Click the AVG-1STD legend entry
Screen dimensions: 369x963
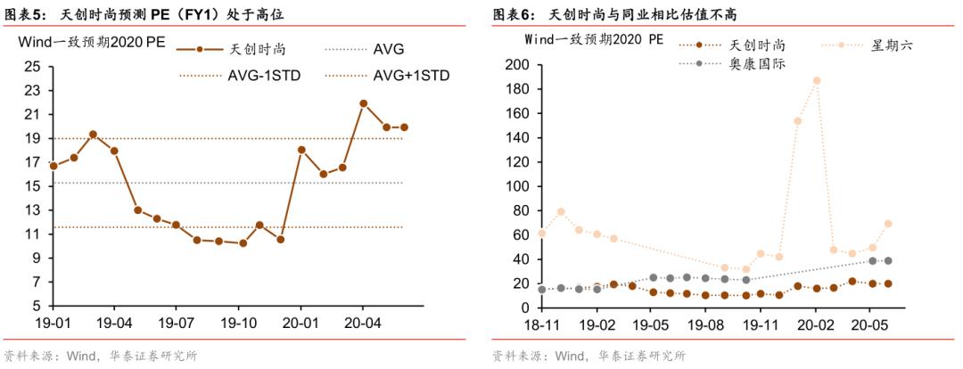pos(264,75)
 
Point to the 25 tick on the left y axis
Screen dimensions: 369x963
pos(33,66)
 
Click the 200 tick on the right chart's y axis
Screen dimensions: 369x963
pos(516,65)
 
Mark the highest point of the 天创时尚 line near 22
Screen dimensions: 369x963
pos(363,103)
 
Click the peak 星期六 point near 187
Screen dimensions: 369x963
pos(817,80)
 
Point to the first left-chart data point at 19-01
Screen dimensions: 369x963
pos(53,166)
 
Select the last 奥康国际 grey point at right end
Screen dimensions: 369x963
pos(888,260)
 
